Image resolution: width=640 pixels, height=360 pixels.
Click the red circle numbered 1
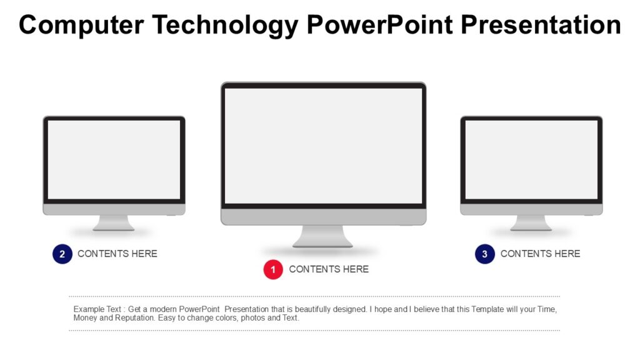click(273, 269)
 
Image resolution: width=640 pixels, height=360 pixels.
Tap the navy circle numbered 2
click(62, 254)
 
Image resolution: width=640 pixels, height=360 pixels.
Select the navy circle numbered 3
click(485, 254)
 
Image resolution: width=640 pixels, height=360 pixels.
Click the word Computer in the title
click(80, 25)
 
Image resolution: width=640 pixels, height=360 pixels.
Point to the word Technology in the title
click(226, 25)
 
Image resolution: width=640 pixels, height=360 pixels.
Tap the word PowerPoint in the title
click(379, 25)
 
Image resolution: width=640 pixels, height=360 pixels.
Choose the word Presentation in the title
click(541, 25)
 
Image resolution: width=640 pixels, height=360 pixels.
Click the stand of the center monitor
click(322, 236)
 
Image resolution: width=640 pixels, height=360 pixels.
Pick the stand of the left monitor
click(114, 223)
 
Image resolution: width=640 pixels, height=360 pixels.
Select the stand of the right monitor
click(531, 223)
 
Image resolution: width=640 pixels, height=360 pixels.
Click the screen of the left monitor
click(114, 159)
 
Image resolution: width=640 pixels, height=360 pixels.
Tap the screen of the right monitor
click(531, 159)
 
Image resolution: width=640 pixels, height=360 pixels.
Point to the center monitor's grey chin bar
click(323, 217)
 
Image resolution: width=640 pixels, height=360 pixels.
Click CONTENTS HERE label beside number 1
click(329, 269)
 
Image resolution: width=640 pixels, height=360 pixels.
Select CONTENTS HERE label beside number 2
click(117, 254)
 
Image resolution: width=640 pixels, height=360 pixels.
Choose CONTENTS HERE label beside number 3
click(540, 254)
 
